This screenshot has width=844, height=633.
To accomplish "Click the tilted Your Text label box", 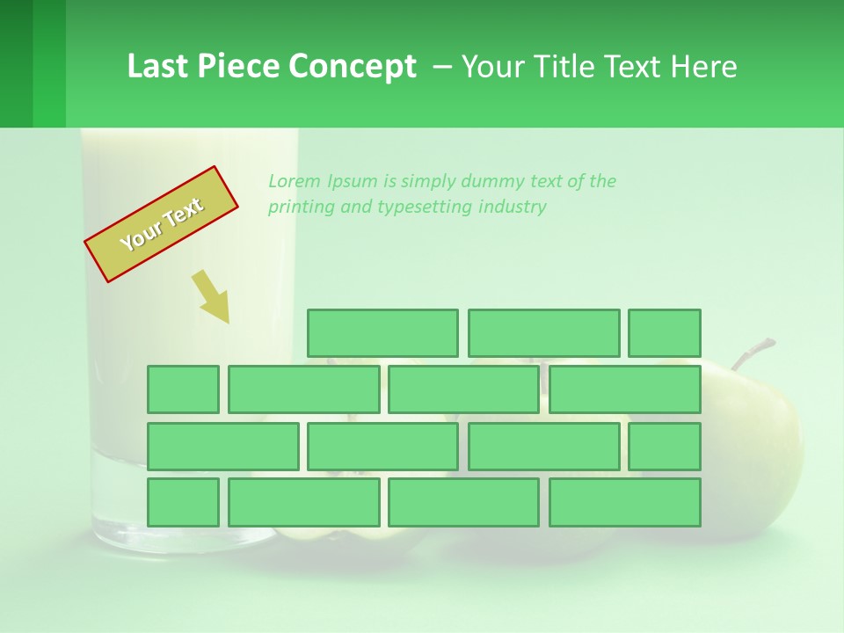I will pyautogui.click(x=162, y=224).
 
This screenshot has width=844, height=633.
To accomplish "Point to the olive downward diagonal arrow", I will pyautogui.click(x=211, y=296).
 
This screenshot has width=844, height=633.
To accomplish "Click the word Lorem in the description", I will pyautogui.click(x=295, y=181).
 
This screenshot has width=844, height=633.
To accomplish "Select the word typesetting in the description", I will pyautogui.click(x=426, y=207).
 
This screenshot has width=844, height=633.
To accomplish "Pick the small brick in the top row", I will pyautogui.click(x=665, y=333).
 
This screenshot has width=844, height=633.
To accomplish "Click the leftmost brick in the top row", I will pyautogui.click(x=382, y=333).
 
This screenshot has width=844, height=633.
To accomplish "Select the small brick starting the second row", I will pyautogui.click(x=183, y=389).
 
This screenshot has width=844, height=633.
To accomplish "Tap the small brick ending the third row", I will pyautogui.click(x=665, y=447).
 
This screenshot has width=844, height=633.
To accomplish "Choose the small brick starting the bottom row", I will pyautogui.click(x=183, y=503).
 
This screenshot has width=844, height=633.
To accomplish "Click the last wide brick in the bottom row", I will pyautogui.click(x=625, y=503).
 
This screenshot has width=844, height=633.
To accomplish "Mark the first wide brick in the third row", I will pyautogui.click(x=223, y=447).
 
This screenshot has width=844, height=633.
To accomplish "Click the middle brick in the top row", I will pyautogui.click(x=543, y=333).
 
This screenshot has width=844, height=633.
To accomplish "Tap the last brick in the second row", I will pyautogui.click(x=625, y=389).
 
